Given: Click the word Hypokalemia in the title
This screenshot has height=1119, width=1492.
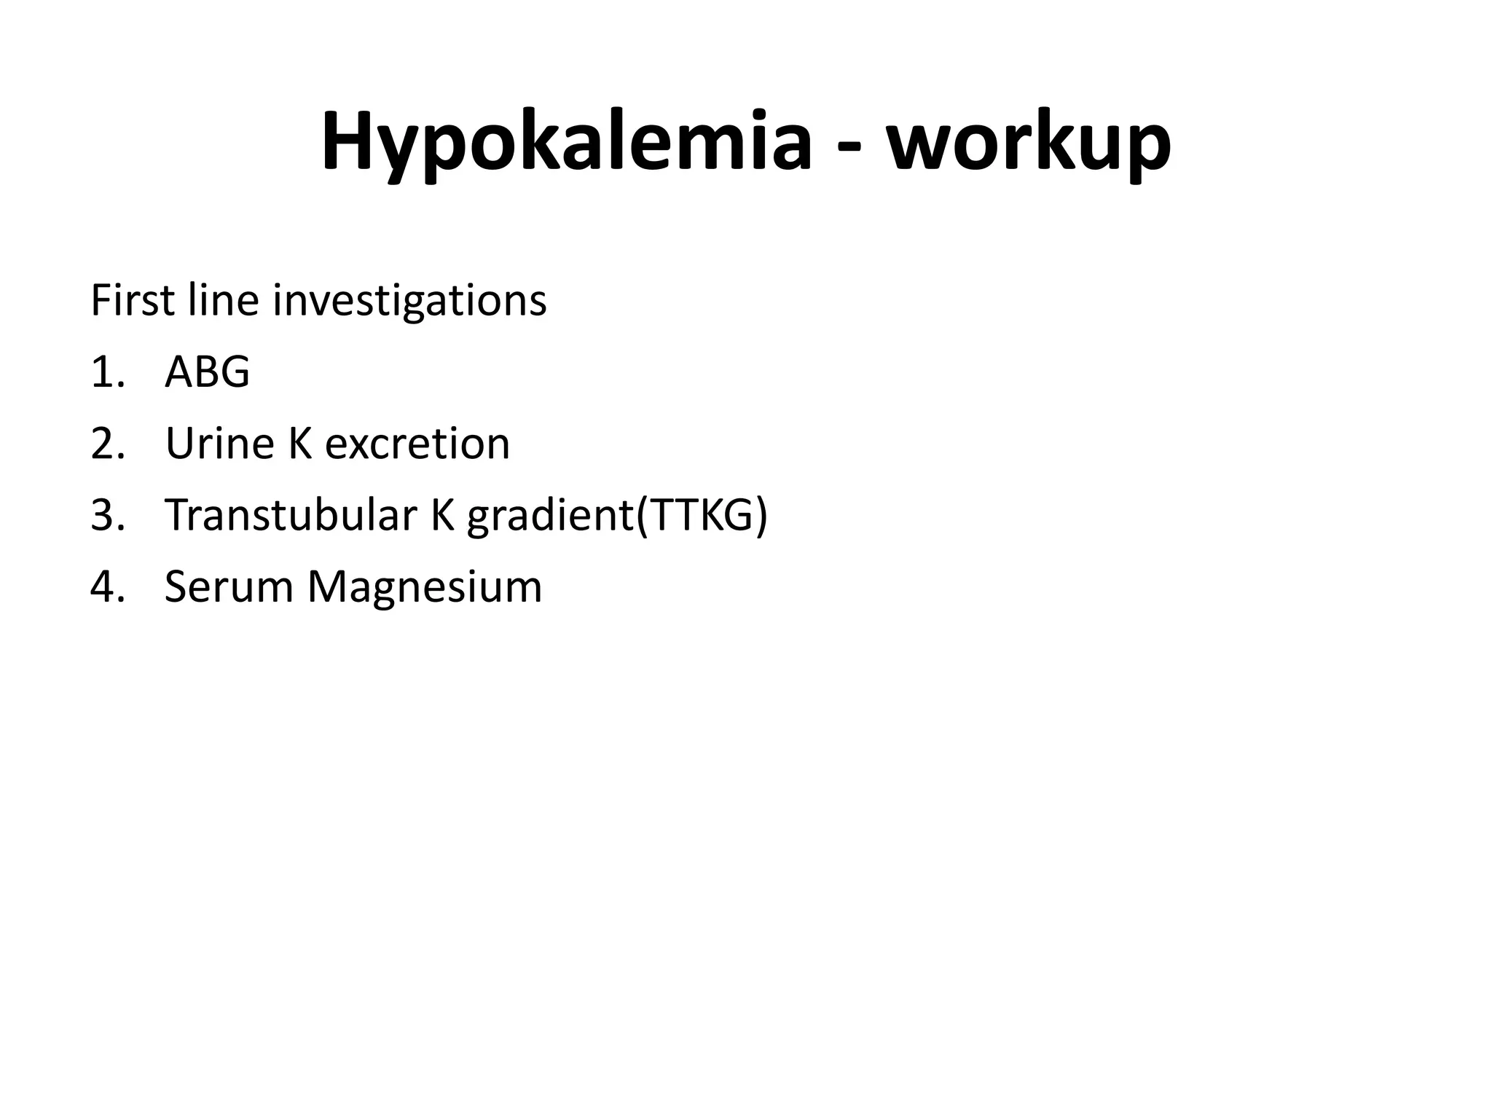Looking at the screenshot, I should pos(566,142).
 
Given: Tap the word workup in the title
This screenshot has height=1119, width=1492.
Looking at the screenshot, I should pos(1028,142).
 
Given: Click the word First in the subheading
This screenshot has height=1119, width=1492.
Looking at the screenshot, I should pos(132,300).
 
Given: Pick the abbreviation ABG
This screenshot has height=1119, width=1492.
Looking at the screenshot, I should pos(208,372).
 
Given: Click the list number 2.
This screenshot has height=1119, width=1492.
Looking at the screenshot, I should pos(108,443).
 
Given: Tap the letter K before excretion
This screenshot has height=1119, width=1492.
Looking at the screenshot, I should pos(301,443).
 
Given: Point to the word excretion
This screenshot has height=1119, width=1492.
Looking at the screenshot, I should pos(417,443).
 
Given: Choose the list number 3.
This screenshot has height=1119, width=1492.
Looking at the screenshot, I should pos(108,514).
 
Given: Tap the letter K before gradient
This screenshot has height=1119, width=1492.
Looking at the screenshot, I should pos(443,514).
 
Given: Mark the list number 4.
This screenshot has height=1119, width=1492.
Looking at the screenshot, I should pos(108,586).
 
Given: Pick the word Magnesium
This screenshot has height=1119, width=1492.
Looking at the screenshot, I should pos(425,587).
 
